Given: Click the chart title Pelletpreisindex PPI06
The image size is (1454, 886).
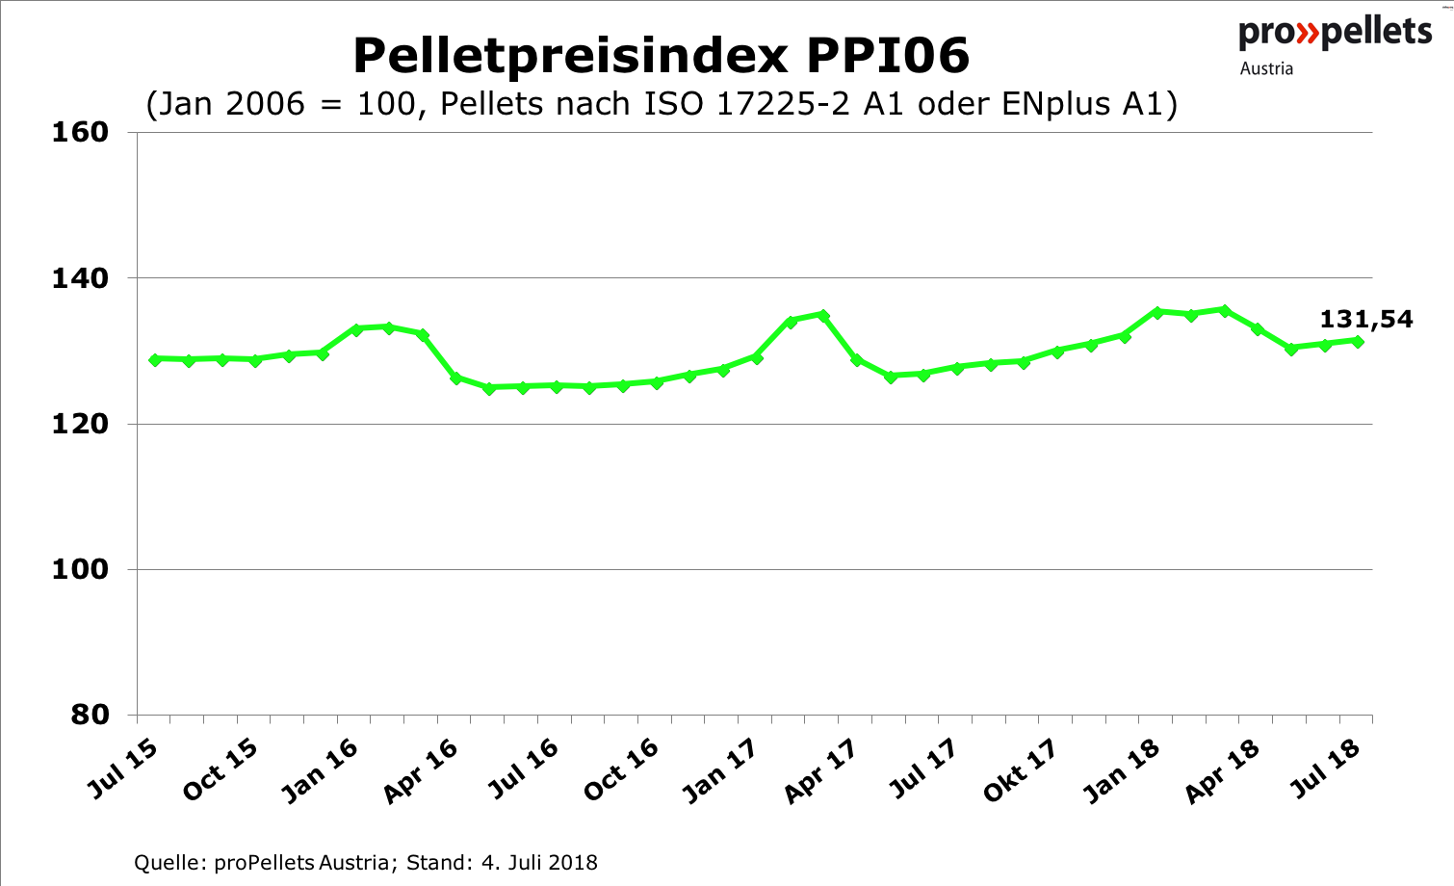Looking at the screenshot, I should pyautogui.click(x=661, y=56).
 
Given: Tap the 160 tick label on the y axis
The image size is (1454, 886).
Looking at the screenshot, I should pyautogui.click(x=79, y=132).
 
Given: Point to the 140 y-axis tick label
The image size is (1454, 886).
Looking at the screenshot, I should pyautogui.click(x=79, y=278).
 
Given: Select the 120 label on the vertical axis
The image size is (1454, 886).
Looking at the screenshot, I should pyautogui.click(x=79, y=424).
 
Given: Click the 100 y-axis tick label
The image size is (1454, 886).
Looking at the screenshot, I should pyautogui.click(x=79, y=569).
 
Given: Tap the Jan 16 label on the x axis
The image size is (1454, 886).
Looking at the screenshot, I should pyautogui.click(x=321, y=770).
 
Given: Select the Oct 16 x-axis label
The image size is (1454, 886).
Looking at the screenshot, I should pyautogui.click(x=621, y=769).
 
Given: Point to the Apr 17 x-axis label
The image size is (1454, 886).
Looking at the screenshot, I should pyautogui.click(x=820, y=770).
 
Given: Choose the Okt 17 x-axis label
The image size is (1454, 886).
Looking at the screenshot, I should pyautogui.click(x=1020, y=770).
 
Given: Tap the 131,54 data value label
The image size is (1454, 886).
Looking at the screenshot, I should pyautogui.click(x=1365, y=320).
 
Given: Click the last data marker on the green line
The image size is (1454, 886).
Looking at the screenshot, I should pyautogui.click(x=1358, y=341).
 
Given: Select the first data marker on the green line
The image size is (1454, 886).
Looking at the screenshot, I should pyautogui.click(x=154, y=359).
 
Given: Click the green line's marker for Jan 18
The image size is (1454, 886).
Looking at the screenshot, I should pyautogui.click(x=1157, y=312).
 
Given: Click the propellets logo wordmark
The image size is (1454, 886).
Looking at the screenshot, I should pyautogui.click(x=1336, y=33).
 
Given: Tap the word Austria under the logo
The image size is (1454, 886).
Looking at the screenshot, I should pyautogui.click(x=1266, y=68).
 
